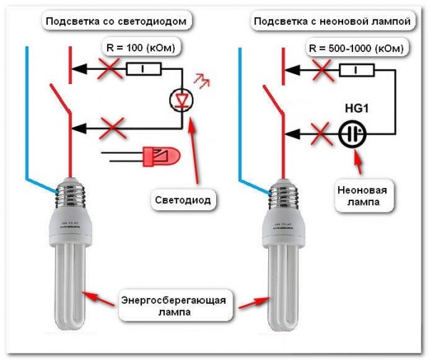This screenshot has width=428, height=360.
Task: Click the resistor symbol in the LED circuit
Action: (143, 69)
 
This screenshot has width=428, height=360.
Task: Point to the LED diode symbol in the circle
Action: (183, 99)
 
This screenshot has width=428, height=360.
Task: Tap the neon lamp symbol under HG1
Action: (353, 133)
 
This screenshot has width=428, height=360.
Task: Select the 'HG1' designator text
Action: (355, 108)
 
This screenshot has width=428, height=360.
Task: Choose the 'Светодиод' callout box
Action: (183, 200)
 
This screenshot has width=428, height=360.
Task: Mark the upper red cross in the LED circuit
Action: (108, 69)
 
